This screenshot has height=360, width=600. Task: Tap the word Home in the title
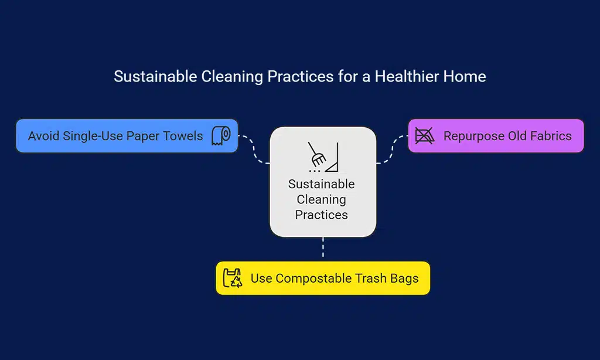click(x=465, y=76)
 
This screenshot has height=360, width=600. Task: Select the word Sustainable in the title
click(x=155, y=76)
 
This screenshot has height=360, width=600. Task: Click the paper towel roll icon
click(x=221, y=135)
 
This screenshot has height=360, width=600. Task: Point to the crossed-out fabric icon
click(x=424, y=135)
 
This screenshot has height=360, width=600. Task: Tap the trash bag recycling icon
click(x=232, y=278)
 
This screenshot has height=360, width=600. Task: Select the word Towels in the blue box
click(x=183, y=136)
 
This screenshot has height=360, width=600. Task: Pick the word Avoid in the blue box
click(x=43, y=136)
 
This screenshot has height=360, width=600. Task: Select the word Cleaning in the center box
click(x=322, y=199)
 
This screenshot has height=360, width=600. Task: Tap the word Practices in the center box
click(x=322, y=215)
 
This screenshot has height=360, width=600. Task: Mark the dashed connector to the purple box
click(x=391, y=149)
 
